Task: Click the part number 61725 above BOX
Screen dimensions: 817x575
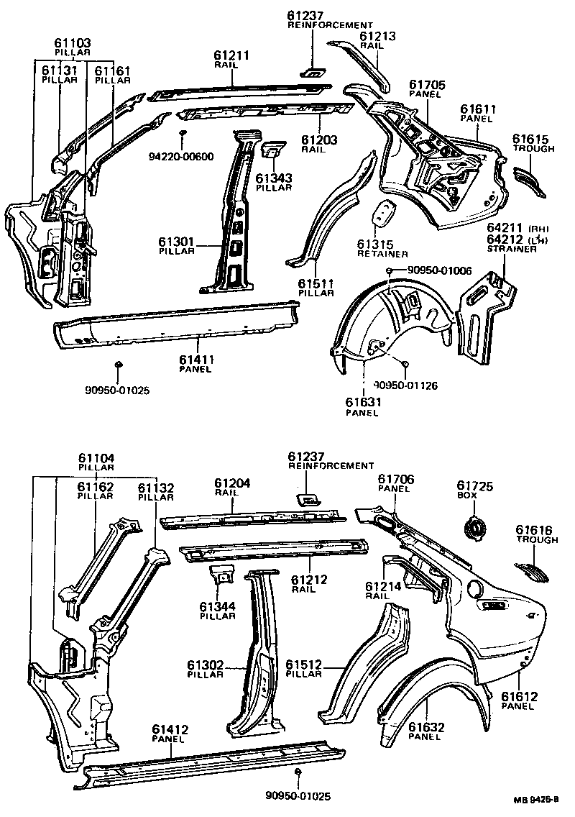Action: (474, 487)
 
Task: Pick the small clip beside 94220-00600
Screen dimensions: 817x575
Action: (184, 134)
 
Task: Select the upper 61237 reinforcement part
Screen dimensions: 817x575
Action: (313, 70)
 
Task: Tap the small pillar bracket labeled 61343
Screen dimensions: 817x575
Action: (272, 150)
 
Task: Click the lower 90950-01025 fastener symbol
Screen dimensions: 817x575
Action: (298, 772)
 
